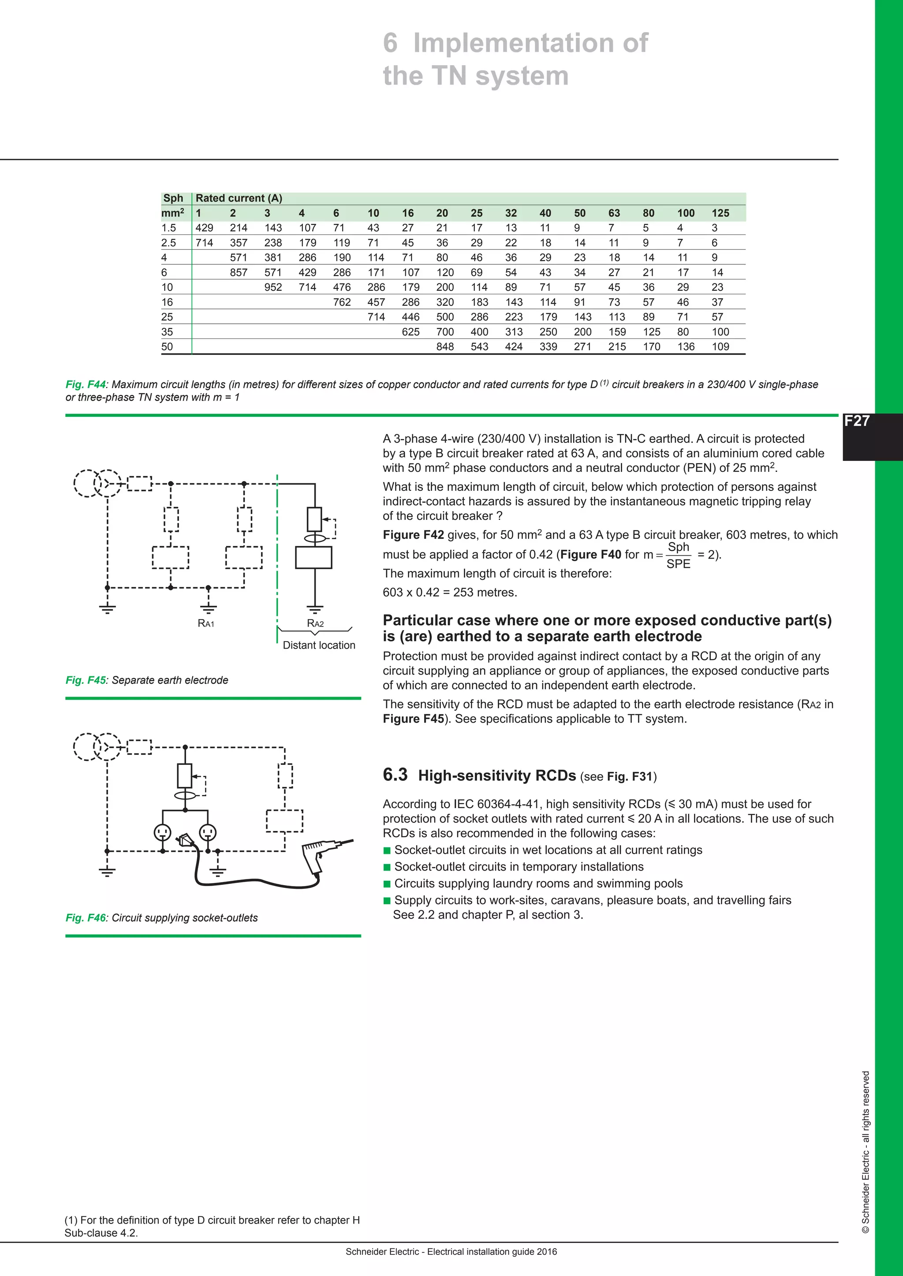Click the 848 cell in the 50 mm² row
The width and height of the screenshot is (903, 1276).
pyautogui.click(x=445, y=347)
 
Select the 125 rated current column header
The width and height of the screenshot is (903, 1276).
pyautogui.click(x=720, y=213)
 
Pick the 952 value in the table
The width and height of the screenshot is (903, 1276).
pyautogui.click(x=273, y=287)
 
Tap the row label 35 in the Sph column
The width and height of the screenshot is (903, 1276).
pyautogui.click(x=167, y=332)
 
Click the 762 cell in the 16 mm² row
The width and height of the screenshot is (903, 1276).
pyautogui.click(x=342, y=302)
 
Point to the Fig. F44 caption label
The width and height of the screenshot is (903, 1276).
pyautogui.click(x=85, y=385)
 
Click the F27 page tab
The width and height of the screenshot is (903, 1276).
pyautogui.click(x=856, y=421)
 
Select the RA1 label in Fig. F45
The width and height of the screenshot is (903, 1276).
pyautogui.click(x=206, y=623)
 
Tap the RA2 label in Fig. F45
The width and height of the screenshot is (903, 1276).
pyautogui.click(x=315, y=623)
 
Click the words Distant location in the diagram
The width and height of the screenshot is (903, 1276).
pyautogui.click(x=319, y=645)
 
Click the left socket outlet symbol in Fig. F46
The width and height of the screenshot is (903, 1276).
pyautogui.click(x=162, y=832)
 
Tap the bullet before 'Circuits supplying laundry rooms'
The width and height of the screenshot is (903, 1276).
pyautogui.click(x=387, y=884)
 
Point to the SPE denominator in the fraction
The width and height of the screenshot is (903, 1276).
pyautogui.click(x=678, y=564)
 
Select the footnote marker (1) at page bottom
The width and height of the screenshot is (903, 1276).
pyautogui.click(x=71, y=1220)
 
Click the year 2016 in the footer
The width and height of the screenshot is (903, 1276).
pyautogui.click(x=547, y=1252)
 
